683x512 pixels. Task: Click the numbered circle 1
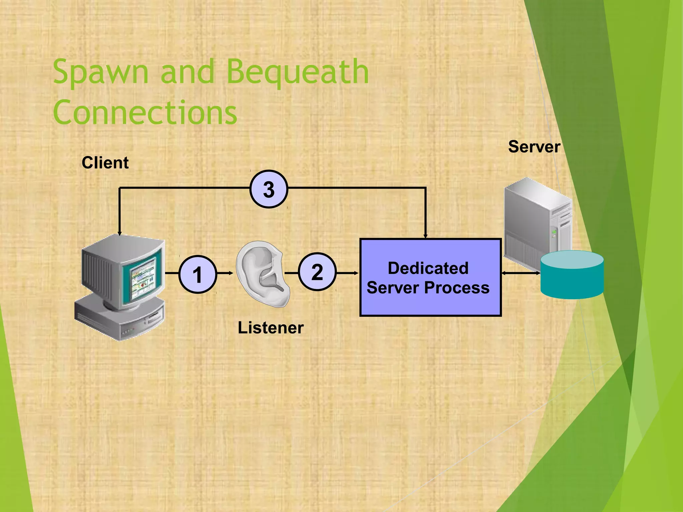coord(198,274)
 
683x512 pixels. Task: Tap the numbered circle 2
coord(317,272)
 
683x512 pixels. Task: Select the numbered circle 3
coord(268,189)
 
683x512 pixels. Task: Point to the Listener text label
coord(270,328)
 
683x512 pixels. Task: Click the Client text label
coord(105,163)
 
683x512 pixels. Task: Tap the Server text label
coord(534,147)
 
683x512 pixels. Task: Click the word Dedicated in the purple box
coord(428,268)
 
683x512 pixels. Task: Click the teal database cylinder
coord(572,275)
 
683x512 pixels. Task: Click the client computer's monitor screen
coord(143,278)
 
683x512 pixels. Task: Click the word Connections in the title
coord(145,112)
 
